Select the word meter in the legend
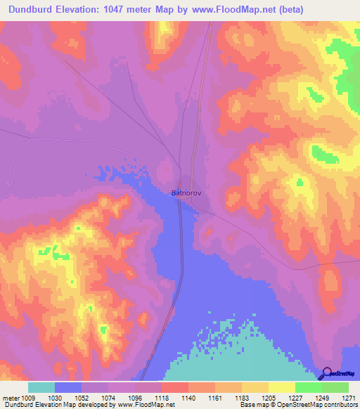[x=12, y=397]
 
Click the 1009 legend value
[x=29, y=397]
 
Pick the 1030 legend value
[x=56, y=397]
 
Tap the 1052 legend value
[x=82, y=397]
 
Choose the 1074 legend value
[x=109, y=397]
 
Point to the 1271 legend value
[x=347, y=397]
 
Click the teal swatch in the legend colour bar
[x=41, y=387]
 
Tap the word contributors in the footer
[x=341, y=405]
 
